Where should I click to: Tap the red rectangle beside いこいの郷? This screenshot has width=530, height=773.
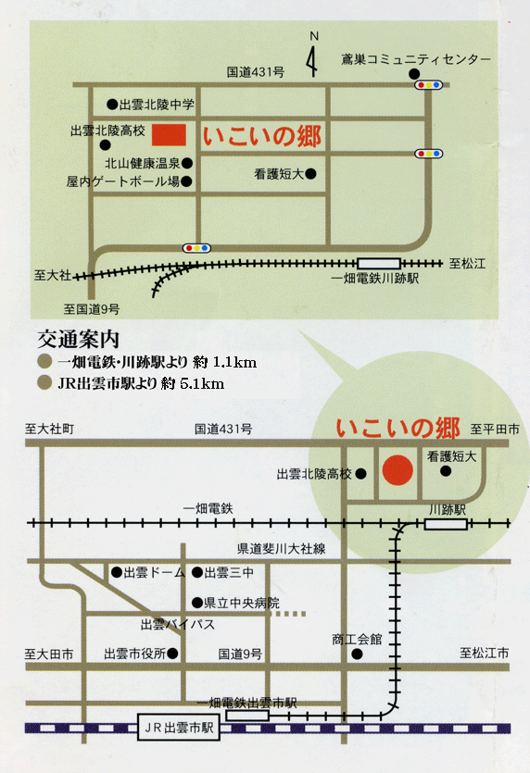pyautogui.click(x=169, y=134)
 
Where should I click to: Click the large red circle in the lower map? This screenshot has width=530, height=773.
pyautogui.click(x=397, y=470)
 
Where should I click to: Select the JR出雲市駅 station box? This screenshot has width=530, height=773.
pyautogui.click(x=179, y=728)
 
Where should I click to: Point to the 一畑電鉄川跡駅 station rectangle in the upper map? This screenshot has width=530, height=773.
pyautogui.click(x=378, y=264)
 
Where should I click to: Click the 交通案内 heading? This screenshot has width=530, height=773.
pyautogui.click(x=79, y=339)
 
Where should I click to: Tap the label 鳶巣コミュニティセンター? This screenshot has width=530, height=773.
pyautogui.click(x=416, y=59)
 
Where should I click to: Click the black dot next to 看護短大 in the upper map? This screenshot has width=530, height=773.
pyautogui.click(x=310, y=173)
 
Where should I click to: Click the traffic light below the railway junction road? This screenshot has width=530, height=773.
pyautogui.click(x=197, y=248)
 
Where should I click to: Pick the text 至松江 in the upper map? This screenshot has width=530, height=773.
pyautogui.click(x=467, y=264)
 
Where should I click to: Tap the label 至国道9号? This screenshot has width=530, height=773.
pyautogui.click(x=92, y=309)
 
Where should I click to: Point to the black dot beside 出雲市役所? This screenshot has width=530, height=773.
pyautogui.click(x=172, y=654)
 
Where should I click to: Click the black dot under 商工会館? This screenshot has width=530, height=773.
pyautogui.click(x=357, y=655)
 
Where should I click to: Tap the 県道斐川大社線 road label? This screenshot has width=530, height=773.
pyautogui.click(x=282, y=549)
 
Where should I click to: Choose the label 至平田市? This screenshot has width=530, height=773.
pyautogui.click(x=495, y=430)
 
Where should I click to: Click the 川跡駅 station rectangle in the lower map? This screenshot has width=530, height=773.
pyautogui.click(x=446, y=524)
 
